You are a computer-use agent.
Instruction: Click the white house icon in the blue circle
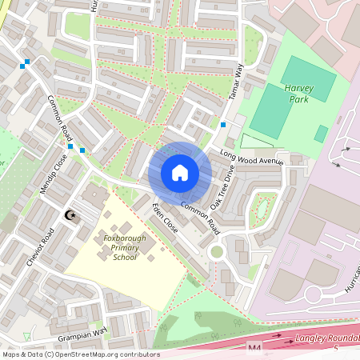(180, 173)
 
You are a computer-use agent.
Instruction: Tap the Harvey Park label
(300, 93)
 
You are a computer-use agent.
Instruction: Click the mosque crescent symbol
(70, 216)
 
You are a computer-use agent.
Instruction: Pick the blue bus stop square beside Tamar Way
(222, 125)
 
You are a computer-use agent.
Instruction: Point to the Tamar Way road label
(237, 82)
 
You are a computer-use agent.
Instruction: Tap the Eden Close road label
(165, 218)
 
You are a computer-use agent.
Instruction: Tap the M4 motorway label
(254, 349)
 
